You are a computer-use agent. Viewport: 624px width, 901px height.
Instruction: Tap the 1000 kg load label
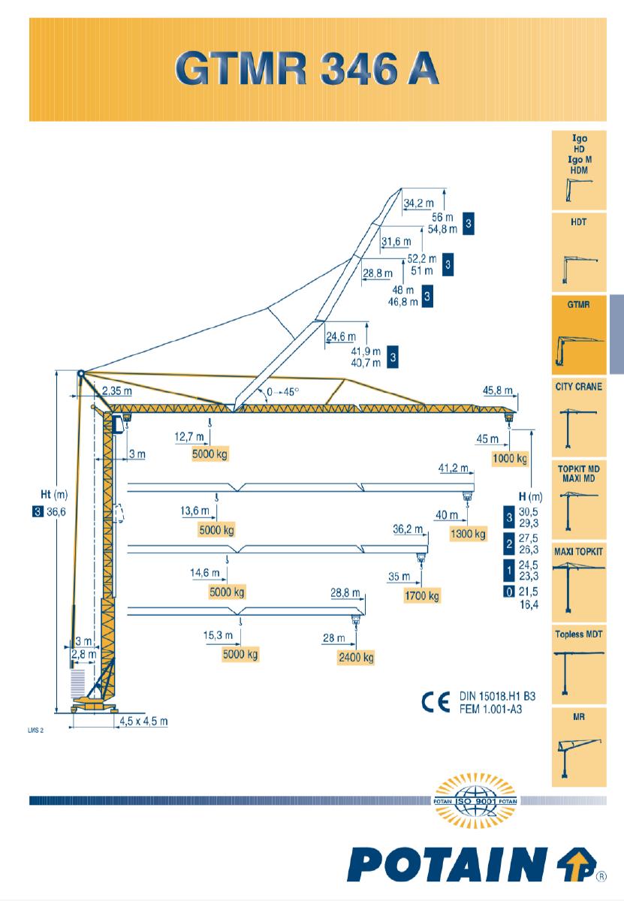click(x=509, y=458)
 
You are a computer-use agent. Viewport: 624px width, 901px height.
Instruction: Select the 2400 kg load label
click(x=356, y=658)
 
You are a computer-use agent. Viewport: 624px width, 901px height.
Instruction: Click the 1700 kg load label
click(x=421, y=596)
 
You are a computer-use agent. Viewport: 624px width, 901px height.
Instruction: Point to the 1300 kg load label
click(x=469, y=535)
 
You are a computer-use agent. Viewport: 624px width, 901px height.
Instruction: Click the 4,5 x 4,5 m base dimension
click(x=143, y=722)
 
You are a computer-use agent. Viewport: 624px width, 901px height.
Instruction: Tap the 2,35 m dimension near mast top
click(x=117, y=391)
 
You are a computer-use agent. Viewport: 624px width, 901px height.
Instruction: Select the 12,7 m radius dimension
click(x=188, y=436)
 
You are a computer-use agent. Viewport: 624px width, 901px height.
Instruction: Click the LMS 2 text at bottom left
click(x=37, y=729)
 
